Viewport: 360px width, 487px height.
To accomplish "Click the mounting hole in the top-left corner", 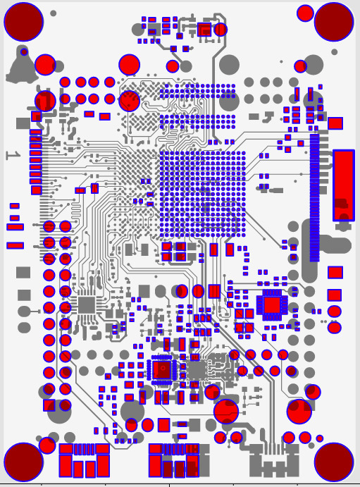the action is click(23, 22).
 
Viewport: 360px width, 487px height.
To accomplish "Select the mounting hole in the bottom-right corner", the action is click(334, 462).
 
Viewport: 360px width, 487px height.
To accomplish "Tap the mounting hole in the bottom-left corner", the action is click(23, 462).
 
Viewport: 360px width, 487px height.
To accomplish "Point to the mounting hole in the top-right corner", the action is click(334, 22).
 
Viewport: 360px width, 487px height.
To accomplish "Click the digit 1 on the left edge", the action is click(13, 155).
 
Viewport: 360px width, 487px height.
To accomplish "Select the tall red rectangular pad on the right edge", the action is click(344, 185).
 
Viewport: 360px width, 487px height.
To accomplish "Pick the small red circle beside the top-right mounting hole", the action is click(305, 13).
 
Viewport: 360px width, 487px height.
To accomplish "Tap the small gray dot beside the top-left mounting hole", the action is click(54, 13).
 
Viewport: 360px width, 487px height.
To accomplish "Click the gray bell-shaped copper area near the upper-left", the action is click(21, 68).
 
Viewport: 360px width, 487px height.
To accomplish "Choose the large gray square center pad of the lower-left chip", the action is click(87, 305).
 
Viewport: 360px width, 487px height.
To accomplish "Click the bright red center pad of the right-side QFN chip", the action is click(272, 305).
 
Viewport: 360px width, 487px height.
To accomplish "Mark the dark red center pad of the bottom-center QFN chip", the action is click(162, 369).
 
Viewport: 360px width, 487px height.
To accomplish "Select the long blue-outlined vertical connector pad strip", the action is click(314, 198).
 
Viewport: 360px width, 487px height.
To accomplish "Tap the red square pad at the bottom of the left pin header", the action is click(49, 405).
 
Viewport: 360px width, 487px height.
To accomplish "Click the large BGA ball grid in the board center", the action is click(202, 195).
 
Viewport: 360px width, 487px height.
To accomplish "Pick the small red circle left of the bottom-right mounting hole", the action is click(320, 438).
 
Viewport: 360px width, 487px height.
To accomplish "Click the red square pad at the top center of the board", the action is click(204, 30).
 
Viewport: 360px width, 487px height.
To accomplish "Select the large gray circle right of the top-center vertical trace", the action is click(229, 65).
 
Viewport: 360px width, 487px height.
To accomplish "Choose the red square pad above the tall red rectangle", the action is click(335, 123).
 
